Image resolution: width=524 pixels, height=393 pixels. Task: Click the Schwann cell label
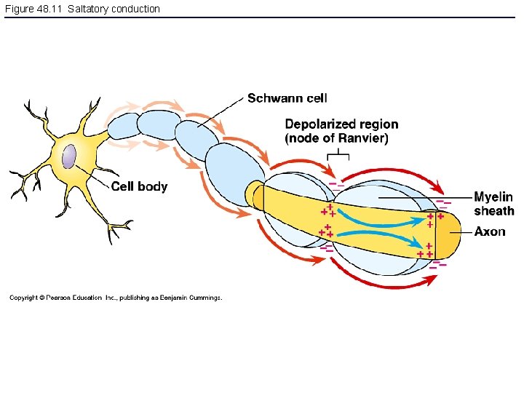tap(287, 98)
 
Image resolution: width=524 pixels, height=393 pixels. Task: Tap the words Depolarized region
tap(341, 124)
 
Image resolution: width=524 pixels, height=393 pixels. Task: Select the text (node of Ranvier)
tap(336, 138)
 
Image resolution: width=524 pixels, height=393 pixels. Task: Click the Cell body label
tap(139, 186)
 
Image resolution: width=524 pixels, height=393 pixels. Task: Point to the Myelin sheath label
tap(493, 204)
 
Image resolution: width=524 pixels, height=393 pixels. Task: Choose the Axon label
tap(489, 231)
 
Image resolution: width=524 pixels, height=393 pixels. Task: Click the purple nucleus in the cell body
tap(69, 157)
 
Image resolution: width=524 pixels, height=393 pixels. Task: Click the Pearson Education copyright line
tap(116, 297)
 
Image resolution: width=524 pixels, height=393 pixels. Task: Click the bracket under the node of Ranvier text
tap(338, 154)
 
